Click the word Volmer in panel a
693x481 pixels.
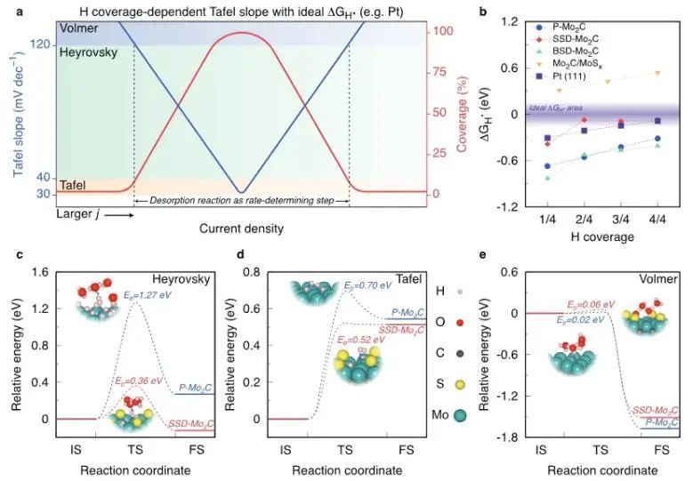(x=79, y=29)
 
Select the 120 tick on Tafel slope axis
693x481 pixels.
(x=41, y=44)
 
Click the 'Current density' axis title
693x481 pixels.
(x=241, y=229)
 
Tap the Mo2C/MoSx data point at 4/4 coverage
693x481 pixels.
(x=657, y=73)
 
